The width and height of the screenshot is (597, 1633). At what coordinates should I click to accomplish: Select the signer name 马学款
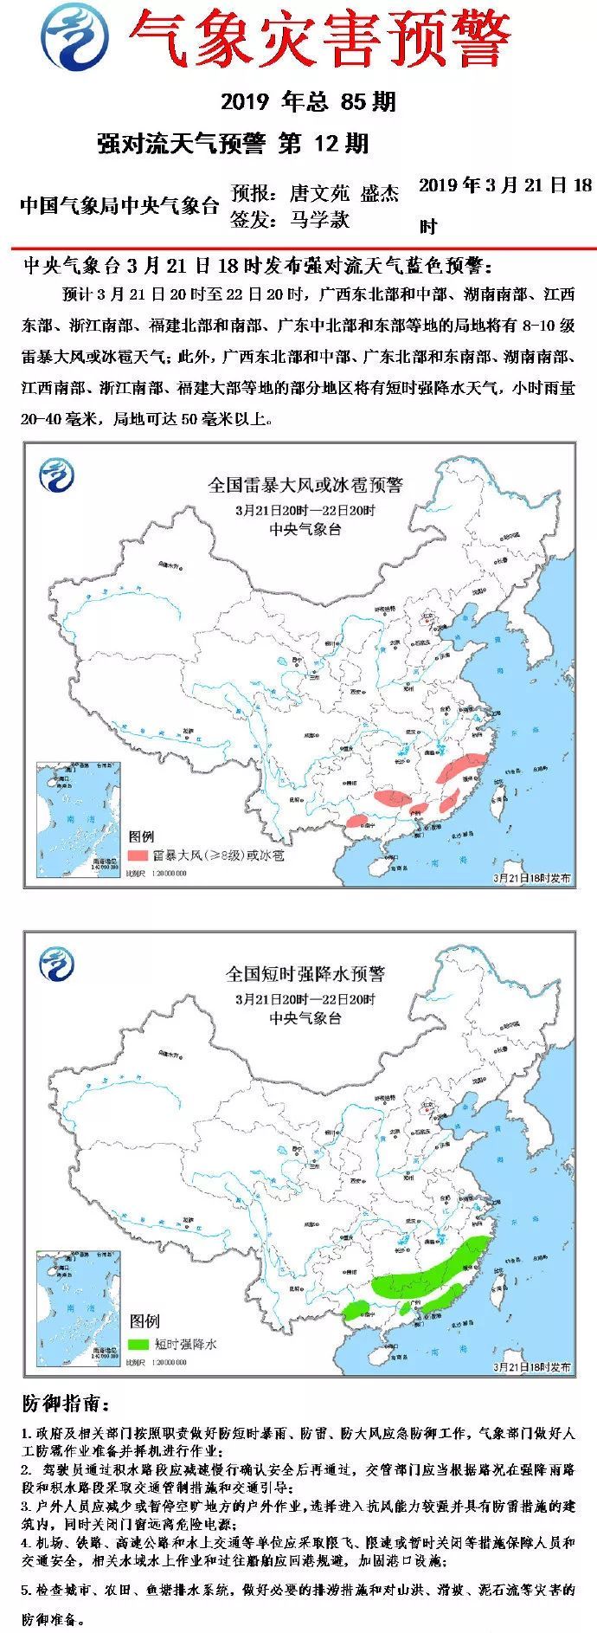pos(319,220)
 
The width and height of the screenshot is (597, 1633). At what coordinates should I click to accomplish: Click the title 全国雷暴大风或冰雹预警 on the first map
pos(305,485)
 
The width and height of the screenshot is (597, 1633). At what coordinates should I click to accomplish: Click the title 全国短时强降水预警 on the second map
pos(305,974)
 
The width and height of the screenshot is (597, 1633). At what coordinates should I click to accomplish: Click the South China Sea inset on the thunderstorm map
pos(76,817)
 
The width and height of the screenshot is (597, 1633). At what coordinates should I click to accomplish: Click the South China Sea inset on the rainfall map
pos(76,1307)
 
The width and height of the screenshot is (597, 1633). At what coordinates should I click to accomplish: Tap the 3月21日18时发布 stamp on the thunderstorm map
pos(531,878)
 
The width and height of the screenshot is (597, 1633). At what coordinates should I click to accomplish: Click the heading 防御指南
pos(65,1403)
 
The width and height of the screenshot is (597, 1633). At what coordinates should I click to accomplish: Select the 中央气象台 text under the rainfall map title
pos(305,1018)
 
